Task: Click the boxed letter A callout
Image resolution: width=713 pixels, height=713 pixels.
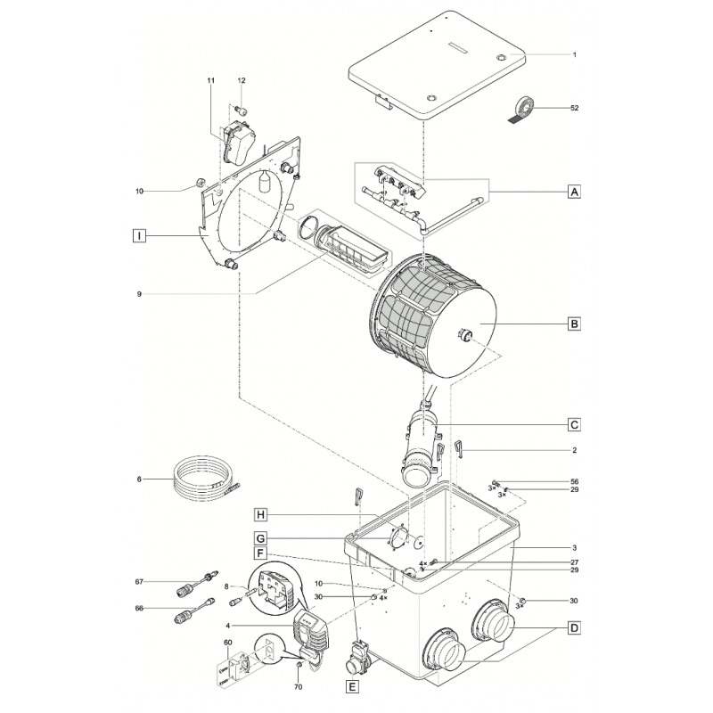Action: coord(574,192)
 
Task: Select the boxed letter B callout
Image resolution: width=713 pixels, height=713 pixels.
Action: coord(574,324)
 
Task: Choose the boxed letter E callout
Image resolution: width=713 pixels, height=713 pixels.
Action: coord(354,686)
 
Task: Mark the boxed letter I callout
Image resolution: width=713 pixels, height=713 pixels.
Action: coord(138,236)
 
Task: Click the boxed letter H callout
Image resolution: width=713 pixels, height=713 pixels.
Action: coord(260,514)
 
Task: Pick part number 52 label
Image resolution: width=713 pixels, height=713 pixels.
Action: coord(574,108)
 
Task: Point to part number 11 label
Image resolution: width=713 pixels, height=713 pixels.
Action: coord(211,81)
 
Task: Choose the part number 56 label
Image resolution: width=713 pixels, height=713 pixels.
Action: coord(574,481)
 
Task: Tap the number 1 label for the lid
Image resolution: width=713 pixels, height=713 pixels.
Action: coord(574,55)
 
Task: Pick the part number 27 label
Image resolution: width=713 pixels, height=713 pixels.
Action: coord(574,561)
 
